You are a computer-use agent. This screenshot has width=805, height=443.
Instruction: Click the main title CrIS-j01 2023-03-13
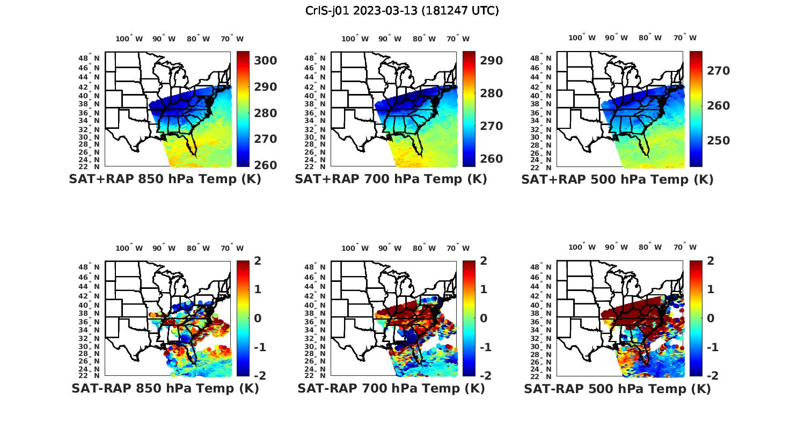click(x=402, y=11)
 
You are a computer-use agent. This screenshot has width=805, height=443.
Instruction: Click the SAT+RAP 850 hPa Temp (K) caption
click(x=165, y=179)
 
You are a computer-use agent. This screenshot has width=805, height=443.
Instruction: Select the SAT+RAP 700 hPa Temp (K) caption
click(x=391, y=179)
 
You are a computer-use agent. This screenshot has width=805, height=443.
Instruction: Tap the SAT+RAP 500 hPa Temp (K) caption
click(x=617, y=179)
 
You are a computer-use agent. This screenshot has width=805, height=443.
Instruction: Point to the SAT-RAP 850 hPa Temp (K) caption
click(x=165, y=388)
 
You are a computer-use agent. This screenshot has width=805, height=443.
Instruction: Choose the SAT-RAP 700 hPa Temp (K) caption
click(x=391, y=388)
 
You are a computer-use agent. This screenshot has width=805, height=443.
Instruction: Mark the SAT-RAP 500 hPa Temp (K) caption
click(x=617, y=388)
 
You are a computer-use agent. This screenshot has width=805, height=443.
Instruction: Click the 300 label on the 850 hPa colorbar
click(x=265, y=61)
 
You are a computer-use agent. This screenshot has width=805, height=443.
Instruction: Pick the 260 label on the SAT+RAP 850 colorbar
click(x=265, y=165)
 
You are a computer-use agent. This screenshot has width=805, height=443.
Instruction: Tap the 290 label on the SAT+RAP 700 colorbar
click(x=491, y=61)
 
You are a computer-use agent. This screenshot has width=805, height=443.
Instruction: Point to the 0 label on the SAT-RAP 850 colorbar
click(x=258, y=318)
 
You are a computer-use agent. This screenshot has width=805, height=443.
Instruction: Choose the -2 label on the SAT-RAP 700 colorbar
click(x=484, y=375)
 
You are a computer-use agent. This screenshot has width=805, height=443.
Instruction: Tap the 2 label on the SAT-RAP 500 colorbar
click(x=710, y=261)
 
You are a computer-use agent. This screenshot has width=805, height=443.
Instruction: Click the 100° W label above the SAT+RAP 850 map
click(x=129, y=39)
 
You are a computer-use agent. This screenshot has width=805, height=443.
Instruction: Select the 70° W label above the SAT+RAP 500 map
click(x=685, y=38)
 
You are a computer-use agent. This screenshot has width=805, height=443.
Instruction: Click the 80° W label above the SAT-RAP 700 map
click(x=425, y=248)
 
